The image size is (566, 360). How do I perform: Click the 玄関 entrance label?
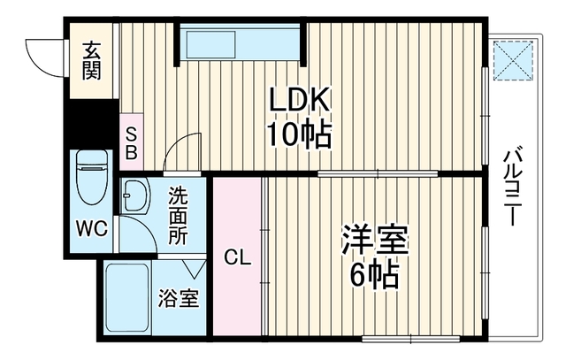coord(91,61)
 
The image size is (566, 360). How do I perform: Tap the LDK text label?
coord(300,100)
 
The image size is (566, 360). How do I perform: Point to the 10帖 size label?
coord(299,134)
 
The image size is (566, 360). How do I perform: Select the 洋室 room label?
coord(375,240)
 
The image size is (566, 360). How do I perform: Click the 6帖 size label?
coord(374,274)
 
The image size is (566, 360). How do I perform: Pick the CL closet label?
coord(237,257)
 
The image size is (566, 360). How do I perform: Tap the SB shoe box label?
coord(132,144)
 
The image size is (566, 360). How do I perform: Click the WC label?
coord(92,228)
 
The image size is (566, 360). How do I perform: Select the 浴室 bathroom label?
coord(179,298)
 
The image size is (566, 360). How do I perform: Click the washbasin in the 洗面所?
coord(136,196)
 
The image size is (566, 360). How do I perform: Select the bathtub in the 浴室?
coord(127,298)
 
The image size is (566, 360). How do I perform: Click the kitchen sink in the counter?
coord(210,44)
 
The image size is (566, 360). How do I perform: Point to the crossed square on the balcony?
coord(513,60)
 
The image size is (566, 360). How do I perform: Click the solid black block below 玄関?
coord(92,124)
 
